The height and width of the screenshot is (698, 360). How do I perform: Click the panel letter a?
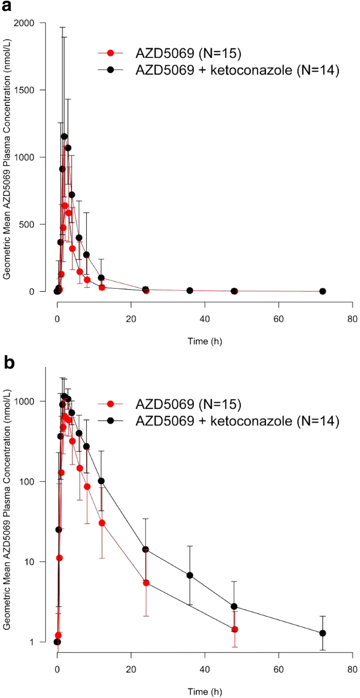tap(8, 8)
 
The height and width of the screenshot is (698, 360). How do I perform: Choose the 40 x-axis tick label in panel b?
tap(205, 668)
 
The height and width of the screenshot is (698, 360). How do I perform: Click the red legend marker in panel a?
tap(110, 53)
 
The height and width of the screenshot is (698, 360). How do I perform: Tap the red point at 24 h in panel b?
tap(146, 583)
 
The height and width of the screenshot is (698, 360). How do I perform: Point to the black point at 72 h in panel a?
tap(322, 291)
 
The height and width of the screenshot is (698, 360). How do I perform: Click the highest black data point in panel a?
tap(64, 136)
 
